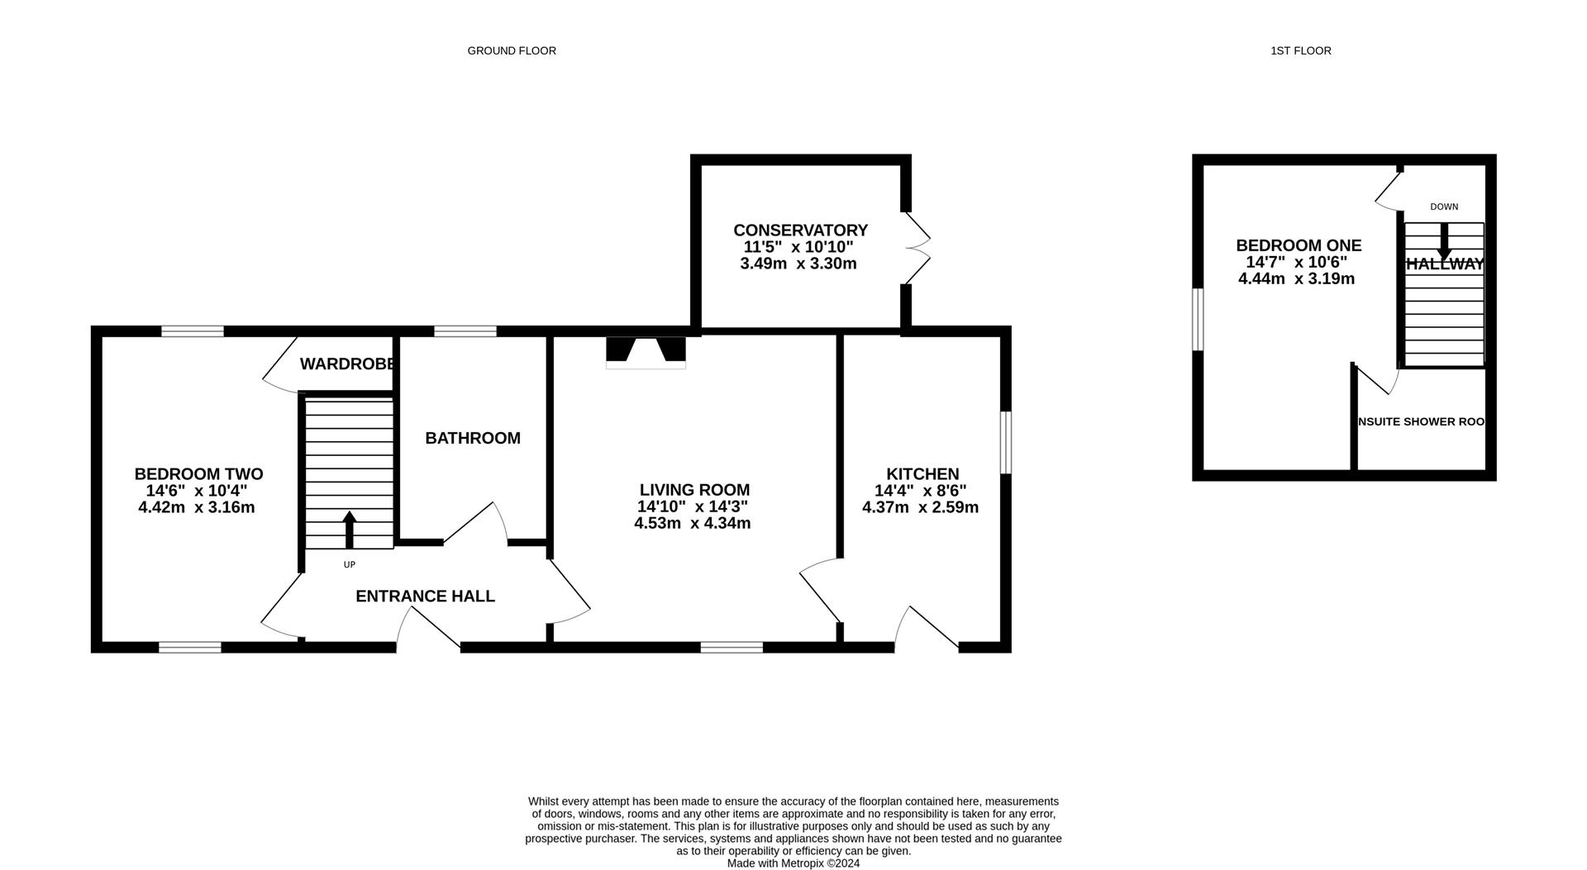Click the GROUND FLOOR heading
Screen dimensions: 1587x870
[512, 51]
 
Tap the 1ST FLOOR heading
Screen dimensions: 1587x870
[1301, 51]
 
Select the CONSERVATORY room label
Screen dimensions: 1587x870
[800, 231]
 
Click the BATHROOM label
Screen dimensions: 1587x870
[473, 439]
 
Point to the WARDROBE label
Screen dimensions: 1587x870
[346, 364]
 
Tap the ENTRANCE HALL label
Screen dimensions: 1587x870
[425, 597]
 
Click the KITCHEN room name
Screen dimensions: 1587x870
[922, 474]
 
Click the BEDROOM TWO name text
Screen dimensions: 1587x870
[198, 474]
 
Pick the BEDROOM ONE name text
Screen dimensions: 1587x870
[1299, 245]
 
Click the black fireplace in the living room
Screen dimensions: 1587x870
[646, 350]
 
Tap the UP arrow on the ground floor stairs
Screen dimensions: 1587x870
[349, 530]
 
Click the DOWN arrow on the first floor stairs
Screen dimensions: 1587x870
[1444, 241]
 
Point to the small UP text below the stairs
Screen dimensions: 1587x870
[349, 565]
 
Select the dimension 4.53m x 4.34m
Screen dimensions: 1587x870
[693, 523]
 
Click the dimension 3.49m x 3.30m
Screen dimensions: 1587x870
[798, 264]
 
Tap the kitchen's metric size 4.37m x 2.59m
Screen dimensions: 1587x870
[920, 507]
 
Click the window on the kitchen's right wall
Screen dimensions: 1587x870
[1006, 443]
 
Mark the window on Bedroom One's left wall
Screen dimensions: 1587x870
[1197, 319]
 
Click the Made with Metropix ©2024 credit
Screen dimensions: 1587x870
[793, 863]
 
